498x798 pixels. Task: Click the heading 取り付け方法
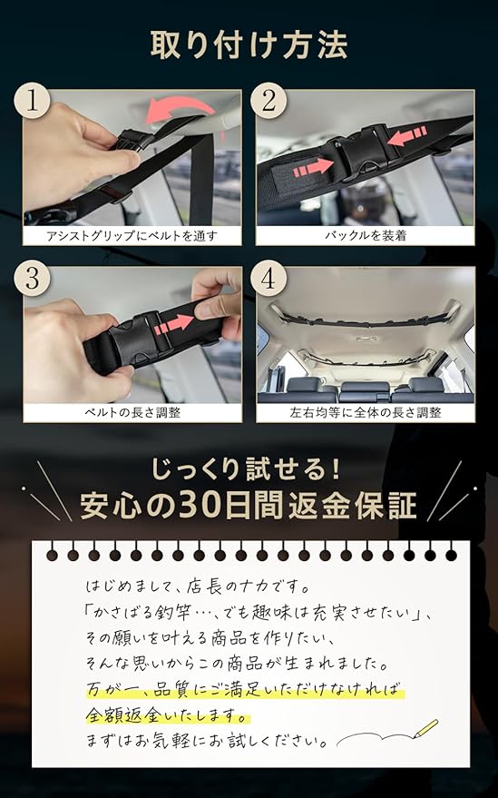click(249, 45)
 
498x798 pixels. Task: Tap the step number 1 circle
click(32, 100)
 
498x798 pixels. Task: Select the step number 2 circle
click(269, 100)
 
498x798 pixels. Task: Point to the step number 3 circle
click(32, 278)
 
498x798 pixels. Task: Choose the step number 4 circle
click(269, 278)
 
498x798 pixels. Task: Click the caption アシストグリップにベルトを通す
click(132, 236)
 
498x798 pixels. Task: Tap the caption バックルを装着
click(366, 236)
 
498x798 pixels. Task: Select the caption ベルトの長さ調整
click(132, 412)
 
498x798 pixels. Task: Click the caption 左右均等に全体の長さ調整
click(366, 412)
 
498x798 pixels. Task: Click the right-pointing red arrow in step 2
click(313, 167)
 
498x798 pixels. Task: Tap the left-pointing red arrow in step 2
click(406, 135)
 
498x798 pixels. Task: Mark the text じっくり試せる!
click(245, 468)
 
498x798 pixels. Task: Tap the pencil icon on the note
click(425, 728)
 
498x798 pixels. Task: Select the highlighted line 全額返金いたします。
click(168, 715)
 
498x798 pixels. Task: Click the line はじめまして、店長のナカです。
click(198, 586)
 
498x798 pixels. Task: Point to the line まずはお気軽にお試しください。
click(208, 741)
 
